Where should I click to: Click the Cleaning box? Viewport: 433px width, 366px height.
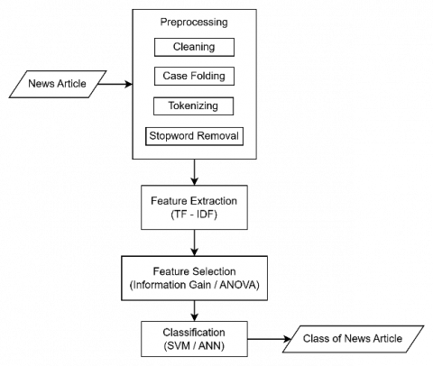pyautogui.click(x=194, y=47)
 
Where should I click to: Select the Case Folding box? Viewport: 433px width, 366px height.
pyautogui.click(x=194, y=76)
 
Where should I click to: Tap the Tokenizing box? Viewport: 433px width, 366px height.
pyautogui.click(x=193, y=105)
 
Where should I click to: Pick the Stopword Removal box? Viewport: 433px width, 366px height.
pyautogui.click(x=194, y=136)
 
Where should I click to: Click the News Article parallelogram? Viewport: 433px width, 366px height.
pyautogui.click(x=58, y=84)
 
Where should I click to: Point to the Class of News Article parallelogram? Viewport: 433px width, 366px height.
pyautogui.click(x=353, y=339)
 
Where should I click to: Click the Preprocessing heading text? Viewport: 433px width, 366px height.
pyautogui.click(x=194, y=22)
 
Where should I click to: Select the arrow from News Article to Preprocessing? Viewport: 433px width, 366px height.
pyautogui.click(x=115, y=84)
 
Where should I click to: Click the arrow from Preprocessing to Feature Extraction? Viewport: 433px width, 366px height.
pyautogui.click(x=195, y=172)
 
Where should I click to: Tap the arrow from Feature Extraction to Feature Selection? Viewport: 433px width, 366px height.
pyautogui.click(x=195, y=242)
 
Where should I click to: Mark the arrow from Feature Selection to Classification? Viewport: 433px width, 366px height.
pyautogui.click(x=195, y=311)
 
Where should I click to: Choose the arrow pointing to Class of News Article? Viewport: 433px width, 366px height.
pyautogui.click(x=269, y=339)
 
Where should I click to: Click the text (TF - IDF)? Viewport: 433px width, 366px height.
pyautogui.click(x=194, y=215)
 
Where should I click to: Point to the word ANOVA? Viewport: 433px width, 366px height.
pyautogui.click(x=239, y=285)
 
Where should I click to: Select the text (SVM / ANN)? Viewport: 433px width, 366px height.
pyautogui.click(x=194, y=346)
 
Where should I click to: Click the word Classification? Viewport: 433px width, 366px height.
pyautogui.click(x=194, y=333)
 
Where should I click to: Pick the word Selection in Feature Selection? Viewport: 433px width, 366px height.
pyautogui.click(x=215, y=271)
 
